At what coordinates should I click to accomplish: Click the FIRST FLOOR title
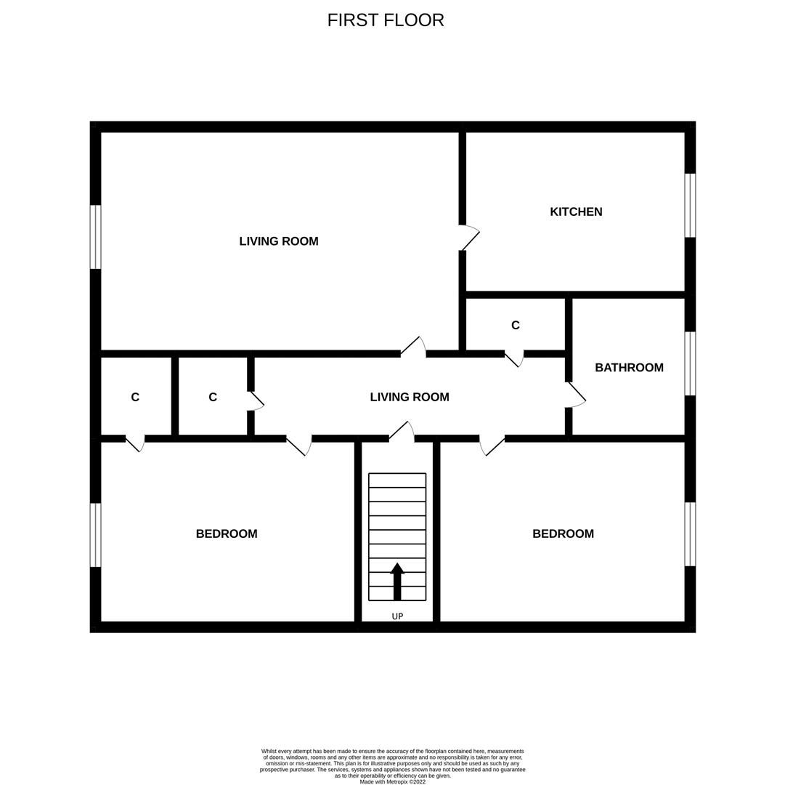coord(386,20)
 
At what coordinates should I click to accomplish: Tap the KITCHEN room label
coord(576,212)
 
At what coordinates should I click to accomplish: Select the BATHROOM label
coord(629,368)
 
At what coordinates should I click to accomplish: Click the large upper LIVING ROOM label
coord(279,241)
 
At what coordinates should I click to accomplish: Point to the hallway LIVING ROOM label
coord(410,397)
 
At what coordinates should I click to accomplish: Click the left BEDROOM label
coord(227,534)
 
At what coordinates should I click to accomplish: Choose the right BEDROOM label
coord(563,534)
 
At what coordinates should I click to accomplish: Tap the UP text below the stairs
coord(397,616)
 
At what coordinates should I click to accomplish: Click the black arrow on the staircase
coord(397,581)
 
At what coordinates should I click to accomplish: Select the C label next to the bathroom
coord(516,326)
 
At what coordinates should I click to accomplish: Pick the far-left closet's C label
coord(135,398)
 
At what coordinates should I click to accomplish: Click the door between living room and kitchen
coord(468,238)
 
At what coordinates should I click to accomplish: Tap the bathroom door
coord(576,395)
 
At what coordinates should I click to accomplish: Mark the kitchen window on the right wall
coord(690,206)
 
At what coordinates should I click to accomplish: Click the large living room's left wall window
coord(95,237)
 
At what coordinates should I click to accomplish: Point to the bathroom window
coord(690,363)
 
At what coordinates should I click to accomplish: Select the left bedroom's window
coord(95,535)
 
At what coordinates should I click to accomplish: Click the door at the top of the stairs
coord(402,431)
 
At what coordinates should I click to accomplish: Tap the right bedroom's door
coord(492,446)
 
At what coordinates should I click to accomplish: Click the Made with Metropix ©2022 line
coord(393,782)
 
